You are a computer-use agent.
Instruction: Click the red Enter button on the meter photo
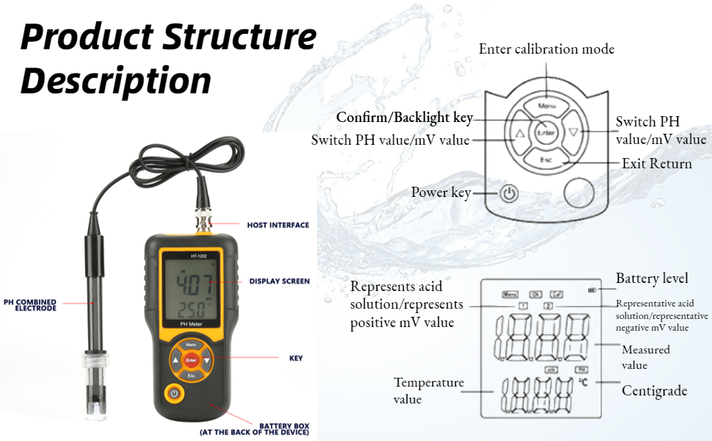click(x=191, y=361)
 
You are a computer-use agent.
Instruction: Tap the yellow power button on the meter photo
click(x=174, y=393)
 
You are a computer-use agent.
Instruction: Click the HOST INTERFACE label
click(x=277, y=224)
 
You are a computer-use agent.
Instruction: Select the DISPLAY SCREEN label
click(x=279, y=281)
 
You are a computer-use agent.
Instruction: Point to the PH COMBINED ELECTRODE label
click(x=30, y=305)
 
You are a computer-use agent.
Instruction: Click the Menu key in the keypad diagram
click(x=547, y=105)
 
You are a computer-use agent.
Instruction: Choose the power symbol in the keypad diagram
click(x=509, y=194)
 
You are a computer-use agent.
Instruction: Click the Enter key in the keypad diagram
click(x=546, y=133)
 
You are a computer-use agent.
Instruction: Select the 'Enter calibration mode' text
click(x=546, y=49)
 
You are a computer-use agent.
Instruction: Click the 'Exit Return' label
click(x=656, y=163)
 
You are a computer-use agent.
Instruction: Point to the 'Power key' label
click(x=440, y=193)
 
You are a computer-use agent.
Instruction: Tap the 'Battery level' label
click(x=652, y=279)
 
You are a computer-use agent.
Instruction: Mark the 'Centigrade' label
click(x=654, y=390)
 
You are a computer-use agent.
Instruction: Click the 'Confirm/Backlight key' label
click(x=404, y=117)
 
